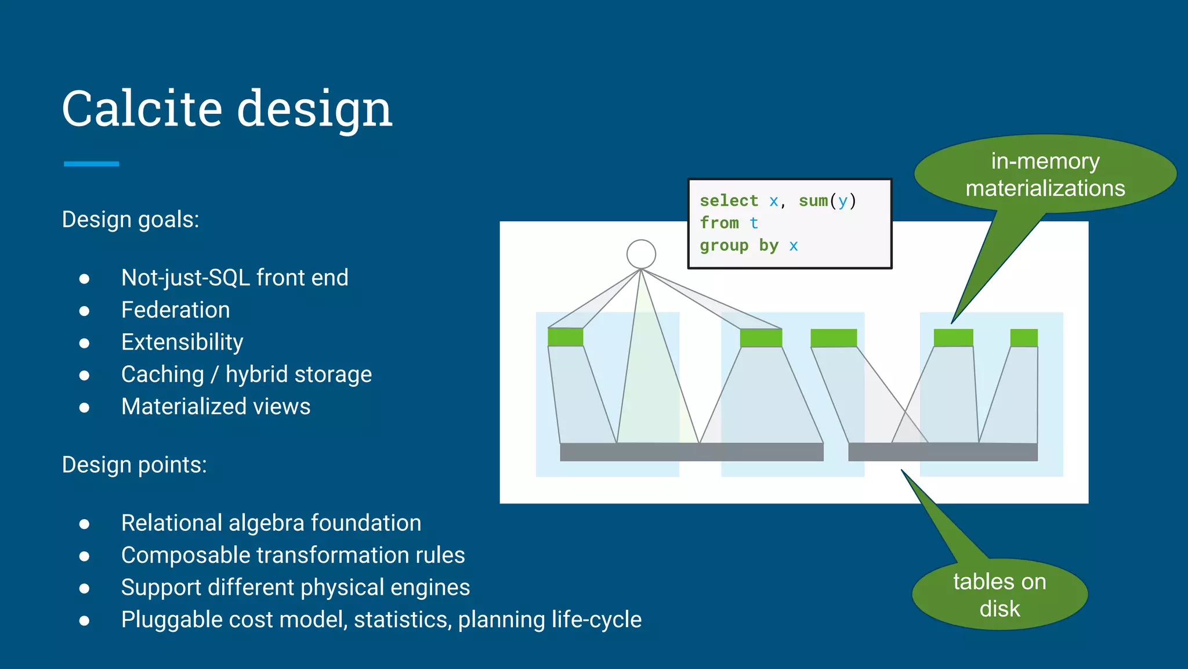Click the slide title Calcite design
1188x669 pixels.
(x=227, y=109)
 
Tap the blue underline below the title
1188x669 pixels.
(x=92, y=164)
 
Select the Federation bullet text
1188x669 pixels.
(x=175, y=310)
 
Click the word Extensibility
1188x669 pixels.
(x=182, y=342)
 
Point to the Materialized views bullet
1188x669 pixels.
(x=216, y=407)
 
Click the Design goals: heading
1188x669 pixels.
(x=131, y=220)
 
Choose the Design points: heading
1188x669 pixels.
(x=134, y=465)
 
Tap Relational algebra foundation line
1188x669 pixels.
(x=271, y=523)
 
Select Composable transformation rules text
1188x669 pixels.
(x=293, y=556)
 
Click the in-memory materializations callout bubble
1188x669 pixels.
(x=1045, y=175)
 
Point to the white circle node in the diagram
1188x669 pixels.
(x=641, y=254)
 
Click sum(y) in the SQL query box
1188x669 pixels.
(x=827, y=201)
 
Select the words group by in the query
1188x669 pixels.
(x=739, y=246)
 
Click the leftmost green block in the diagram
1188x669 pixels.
(x=566, y=337)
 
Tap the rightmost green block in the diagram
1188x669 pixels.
(x=1024, y=338)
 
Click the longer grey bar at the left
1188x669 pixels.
(x=691, y=452)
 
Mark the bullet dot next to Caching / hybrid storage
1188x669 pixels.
(x=85, y=376)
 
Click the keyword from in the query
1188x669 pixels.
(x=719, y=223)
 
